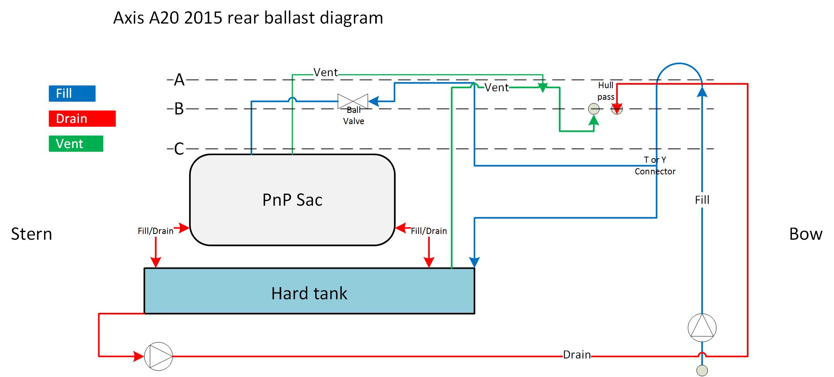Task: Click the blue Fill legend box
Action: coord(72,94)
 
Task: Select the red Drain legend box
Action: coord(82,119)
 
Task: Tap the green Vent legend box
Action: coord(76,143)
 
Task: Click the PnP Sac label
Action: coord(292,200)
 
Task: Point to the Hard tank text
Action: coord(309,293)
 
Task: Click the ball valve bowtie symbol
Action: coord(352,101)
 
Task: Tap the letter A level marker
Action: coord(179,80)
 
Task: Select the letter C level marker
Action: coord(179,149)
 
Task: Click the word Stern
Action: coord(31,234)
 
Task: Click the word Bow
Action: coord(805,234)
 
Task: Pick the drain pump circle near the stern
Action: coord(159,356)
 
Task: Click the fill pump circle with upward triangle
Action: coord(702,328)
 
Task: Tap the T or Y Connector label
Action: coord(655,165)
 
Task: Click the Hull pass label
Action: coord(606,91)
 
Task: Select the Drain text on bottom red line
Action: coord(576,355)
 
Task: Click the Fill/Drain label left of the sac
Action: coord(156,231)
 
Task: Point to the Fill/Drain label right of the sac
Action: coord(429,231)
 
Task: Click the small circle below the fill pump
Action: coord(702,370)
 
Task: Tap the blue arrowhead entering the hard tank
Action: coord(474,263)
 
